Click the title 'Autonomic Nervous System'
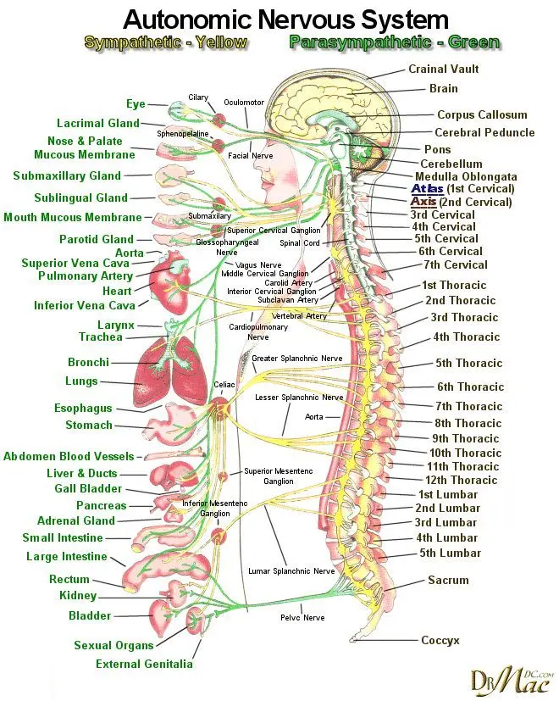pos(285,19)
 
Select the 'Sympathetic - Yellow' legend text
pos(165,42)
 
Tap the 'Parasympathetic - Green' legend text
pos(394,42)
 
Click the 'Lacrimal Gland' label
pos(97,124)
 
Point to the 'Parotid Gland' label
pos(96,240)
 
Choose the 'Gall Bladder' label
pos(88,489)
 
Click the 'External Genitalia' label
pos(144,665)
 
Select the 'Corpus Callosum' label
pos(482,115)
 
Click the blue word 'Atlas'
pos(426,188)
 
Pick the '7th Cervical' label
pos(455,265)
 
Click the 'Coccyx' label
pos(440,641)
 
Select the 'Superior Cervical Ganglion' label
pos(274,231)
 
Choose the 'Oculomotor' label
pos(244,103)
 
